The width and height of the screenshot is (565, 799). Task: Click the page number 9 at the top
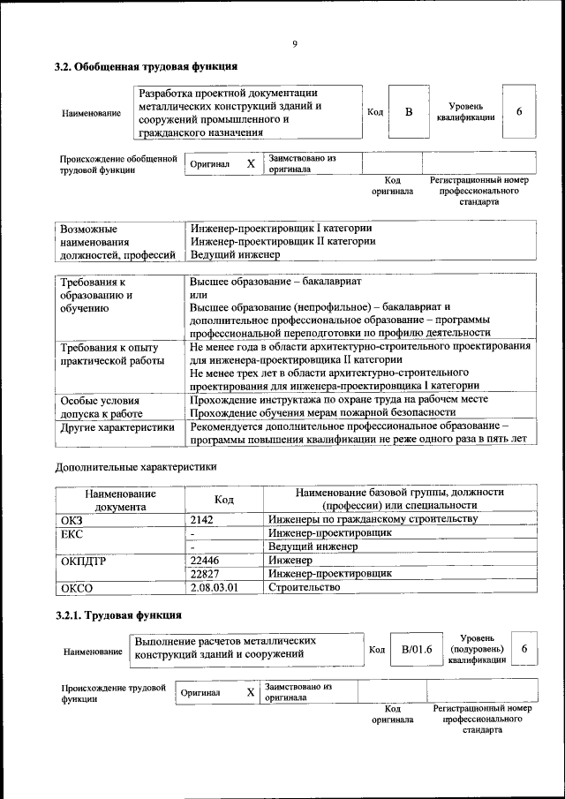295,45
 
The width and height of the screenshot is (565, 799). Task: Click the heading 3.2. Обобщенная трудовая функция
146,66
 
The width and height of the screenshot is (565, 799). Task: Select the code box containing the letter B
408,112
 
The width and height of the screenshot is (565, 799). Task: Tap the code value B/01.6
417,650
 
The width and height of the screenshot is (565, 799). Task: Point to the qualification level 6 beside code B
519,111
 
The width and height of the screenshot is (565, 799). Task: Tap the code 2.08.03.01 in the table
215,586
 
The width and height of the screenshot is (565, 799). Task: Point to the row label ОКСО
77,586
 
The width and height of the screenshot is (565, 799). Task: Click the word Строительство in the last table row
304,586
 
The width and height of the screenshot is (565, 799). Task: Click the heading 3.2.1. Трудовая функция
118,615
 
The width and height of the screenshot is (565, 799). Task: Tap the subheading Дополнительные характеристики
135,466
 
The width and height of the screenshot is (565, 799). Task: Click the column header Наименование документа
121,500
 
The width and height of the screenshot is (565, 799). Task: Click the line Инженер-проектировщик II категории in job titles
282,240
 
